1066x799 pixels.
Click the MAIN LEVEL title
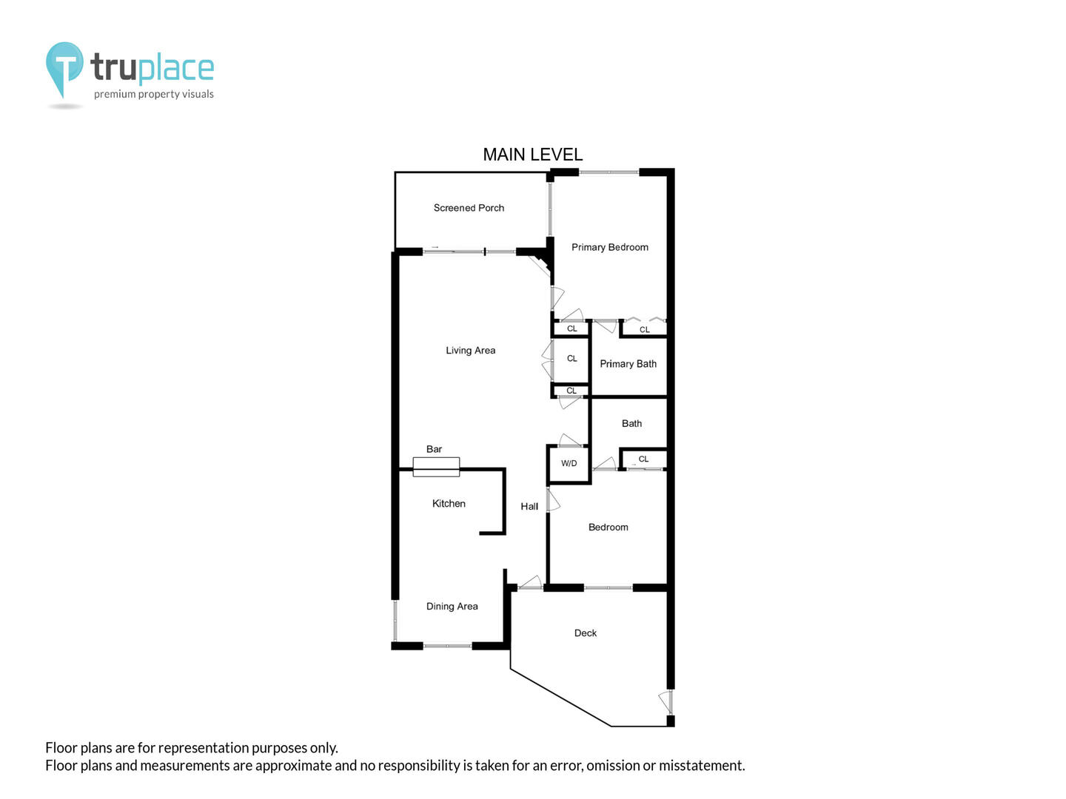[x=532, y=155]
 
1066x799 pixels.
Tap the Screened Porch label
[x=469, y=208]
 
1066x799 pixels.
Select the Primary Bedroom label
[x=609, y=247]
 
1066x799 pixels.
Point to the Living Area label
[x=471, y=350]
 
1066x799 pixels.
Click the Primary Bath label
[x=628, y=364]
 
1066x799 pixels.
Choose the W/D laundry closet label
[x=569, y=463]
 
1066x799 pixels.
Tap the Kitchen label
[x=449, y=504]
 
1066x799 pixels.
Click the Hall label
[x=529, y=507]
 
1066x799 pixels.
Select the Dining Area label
[x=452, y=606]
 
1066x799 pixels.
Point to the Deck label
[x=586, y=633]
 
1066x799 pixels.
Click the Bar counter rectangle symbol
[x=436, y=467]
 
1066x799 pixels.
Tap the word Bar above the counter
[x=434, y=449]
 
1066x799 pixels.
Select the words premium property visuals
[x=153, y=94]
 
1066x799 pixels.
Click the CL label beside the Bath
[x=643, y=459]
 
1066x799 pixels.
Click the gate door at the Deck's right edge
[x=667, y=702]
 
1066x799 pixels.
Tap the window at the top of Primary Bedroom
[x=609, y=172]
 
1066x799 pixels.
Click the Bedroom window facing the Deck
[x=608, y=587]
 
